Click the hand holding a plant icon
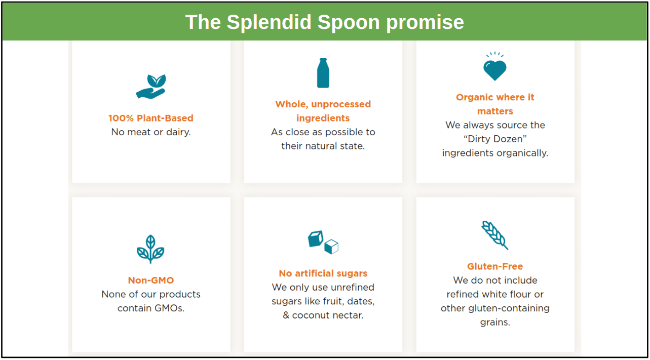point(151,87)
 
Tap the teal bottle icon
point(323,73)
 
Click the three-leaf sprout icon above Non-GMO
point(150,249)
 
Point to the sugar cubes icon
point(323,242)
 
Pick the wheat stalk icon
point(495,235)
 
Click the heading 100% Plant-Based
point(151,118)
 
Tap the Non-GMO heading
point(151,280)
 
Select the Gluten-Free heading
point(495,266)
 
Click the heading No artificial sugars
point(323,273)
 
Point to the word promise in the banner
point(425,23)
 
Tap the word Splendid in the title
point(269,22)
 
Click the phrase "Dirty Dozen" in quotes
point(495,139)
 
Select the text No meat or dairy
point(151,132)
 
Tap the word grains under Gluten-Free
point(495,323)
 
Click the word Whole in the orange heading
point(292,104)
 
